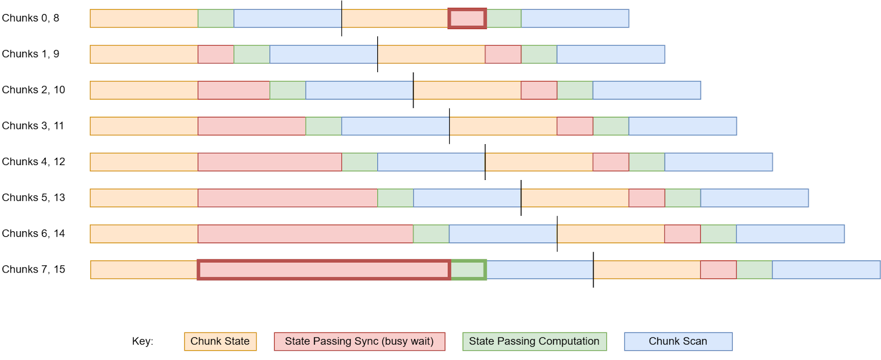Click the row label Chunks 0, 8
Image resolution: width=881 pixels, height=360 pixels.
point(30,18)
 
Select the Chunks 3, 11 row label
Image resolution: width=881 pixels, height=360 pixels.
point(32,126)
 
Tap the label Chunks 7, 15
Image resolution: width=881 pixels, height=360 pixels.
point(33,270)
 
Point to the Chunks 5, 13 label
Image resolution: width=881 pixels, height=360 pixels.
point(33,198)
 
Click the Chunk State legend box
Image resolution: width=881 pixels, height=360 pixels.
point(220,341)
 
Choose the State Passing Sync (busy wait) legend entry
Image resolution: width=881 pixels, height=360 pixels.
point(359,341)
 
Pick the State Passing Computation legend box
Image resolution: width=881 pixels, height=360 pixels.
point(534,341)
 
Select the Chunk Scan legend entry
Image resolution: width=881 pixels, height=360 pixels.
point(678,341)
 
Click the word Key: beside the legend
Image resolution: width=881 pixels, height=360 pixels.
point(143,341)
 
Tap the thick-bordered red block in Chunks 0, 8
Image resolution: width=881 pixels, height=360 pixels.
point(467,19)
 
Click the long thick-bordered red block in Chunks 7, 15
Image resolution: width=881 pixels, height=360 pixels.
point(324,270)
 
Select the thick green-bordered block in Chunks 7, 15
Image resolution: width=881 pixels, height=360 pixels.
point(468,270)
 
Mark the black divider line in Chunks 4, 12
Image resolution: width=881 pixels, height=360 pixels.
point(485,162)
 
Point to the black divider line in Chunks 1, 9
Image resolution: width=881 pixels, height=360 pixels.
point(378,54)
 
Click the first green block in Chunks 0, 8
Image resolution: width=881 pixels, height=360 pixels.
point(216,19)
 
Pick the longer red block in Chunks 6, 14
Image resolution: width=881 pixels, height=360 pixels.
point(306,234)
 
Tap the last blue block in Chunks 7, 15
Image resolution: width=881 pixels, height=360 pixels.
point(826,270)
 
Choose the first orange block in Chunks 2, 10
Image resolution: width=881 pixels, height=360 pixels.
point(144,90)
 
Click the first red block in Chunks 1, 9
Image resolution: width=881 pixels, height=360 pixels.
point(216,54)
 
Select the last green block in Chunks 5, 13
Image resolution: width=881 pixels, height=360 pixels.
point(683,198)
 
